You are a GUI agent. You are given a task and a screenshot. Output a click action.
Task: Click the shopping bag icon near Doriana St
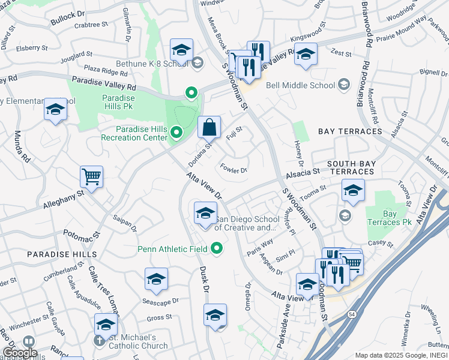click(x=209, y=127)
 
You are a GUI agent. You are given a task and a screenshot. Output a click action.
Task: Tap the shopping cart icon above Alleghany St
click(x=91, y=177)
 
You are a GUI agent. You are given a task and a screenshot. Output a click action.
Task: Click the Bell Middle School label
click(x=300, y=85)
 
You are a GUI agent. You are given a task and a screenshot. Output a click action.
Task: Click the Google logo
click(x=20, y=353)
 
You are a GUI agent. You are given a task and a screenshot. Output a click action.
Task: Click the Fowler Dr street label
click(x=234, y=170)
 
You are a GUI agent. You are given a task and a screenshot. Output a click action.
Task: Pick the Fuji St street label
click(x=235, y=133)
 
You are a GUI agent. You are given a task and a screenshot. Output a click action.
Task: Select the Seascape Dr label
click(x=159, y=301)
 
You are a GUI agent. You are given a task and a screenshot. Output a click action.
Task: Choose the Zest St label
click(x=341, y=53)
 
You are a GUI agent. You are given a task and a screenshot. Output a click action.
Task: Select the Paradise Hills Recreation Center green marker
click(x=176, y=132)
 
